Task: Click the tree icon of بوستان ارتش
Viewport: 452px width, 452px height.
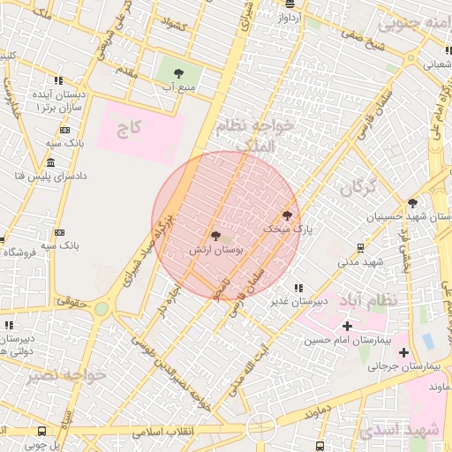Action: [216, 236]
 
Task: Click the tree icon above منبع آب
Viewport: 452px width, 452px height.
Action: [180, 72]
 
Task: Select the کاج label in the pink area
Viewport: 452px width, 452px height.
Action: [130, 129]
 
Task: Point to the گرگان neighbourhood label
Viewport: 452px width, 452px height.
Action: [358, 187]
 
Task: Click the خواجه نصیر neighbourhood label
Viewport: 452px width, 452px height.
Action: [67, 375]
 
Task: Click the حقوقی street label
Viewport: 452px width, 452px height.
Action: [71, 301]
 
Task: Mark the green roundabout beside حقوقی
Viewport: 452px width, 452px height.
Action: [102, 308]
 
